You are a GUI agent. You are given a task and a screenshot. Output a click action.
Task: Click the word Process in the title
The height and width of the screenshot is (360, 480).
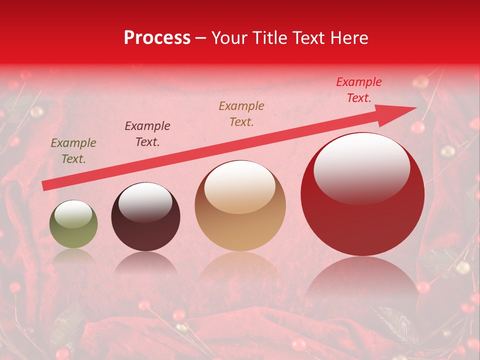coord(157,38)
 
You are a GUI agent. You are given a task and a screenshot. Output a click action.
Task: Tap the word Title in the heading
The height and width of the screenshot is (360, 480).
coord(271,38)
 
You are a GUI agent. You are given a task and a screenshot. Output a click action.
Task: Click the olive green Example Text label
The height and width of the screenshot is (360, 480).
coord(73,151)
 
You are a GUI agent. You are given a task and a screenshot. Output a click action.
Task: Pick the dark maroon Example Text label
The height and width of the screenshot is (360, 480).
coord(147,134)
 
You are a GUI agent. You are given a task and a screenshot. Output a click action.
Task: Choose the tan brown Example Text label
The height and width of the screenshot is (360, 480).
coord(241,113)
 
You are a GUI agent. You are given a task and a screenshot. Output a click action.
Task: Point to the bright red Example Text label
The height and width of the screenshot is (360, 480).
coord(358,90)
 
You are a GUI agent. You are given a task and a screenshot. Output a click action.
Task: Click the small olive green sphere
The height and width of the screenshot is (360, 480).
coord(73,225)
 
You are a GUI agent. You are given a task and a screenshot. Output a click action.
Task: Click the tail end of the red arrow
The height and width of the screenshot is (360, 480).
coord(44,186)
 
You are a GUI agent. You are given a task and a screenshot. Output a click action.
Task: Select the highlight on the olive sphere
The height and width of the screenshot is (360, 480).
coord(73,214)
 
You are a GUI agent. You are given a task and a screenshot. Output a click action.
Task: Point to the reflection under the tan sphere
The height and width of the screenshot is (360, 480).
coord(240,267)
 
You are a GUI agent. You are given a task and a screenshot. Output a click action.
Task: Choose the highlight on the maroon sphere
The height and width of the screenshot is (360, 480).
coord(145,202)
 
